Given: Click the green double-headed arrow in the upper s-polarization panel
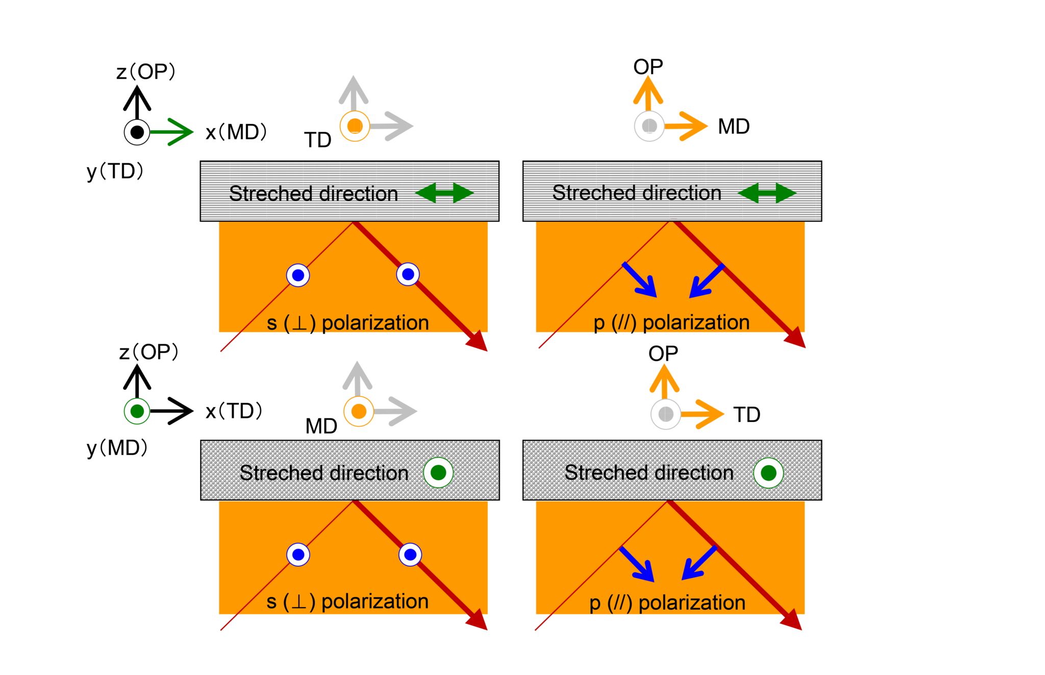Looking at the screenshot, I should [444, 193].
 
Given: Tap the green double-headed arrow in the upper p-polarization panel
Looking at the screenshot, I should [767, 193].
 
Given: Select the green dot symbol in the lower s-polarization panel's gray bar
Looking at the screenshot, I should [438, 472].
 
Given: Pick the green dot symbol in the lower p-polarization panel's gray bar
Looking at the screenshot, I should [768, 473].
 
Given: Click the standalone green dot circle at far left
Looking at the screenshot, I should [137, 411].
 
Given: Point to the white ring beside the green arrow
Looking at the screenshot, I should [137, 132].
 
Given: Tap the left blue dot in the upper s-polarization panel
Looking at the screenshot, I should [298, 276].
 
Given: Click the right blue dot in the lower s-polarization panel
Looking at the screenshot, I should [410, 555].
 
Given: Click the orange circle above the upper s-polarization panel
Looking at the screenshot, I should [355, 126].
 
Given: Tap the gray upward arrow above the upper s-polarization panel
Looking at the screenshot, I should [353, 92].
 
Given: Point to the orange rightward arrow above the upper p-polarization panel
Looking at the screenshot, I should [687, 126].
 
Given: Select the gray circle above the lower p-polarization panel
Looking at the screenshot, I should [665, 414].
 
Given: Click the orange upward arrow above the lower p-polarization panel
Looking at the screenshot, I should [664, 381].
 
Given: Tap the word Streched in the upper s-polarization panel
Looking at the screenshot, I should [270, 194].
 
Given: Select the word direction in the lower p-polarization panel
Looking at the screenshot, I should [700, 473].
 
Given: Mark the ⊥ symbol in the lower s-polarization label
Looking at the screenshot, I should [299, 602].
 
